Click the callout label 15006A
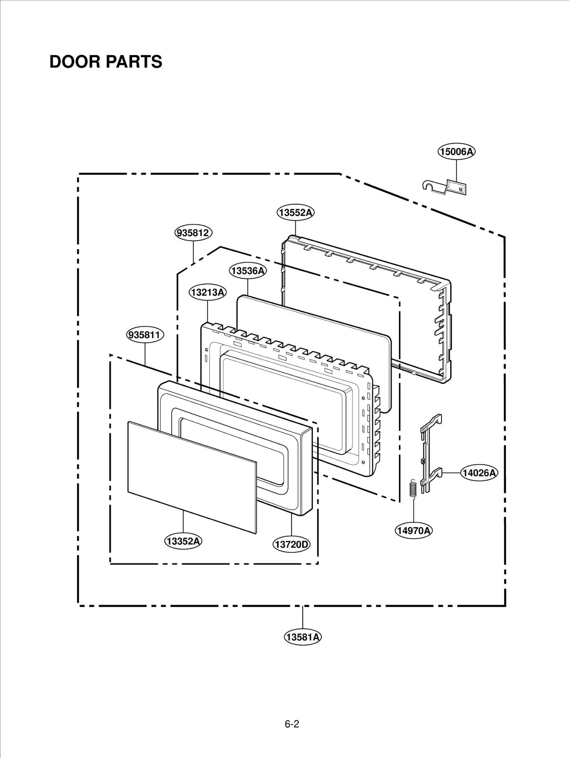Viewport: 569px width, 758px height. click(x=456, y=152)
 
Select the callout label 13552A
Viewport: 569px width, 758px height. click(x=296, y=213)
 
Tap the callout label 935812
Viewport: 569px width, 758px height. click(x=193, y=233)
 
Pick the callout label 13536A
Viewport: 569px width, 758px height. click(x=248, y=271)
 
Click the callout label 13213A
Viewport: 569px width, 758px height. click(x=207, y=292)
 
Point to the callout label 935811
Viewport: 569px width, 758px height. click(x=145, y=335)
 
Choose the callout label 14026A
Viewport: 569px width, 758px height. click(x=479, y=473)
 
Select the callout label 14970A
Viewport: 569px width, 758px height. click(x=414, y=530)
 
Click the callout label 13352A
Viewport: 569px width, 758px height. click(x=183, y=541)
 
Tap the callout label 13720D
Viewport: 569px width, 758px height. click(x=292, y=544)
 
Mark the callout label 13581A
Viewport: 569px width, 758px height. click(x=303, y=637)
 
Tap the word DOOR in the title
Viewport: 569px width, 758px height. click(x=74, y=62)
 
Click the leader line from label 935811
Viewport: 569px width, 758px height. click(x=145, y=354)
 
